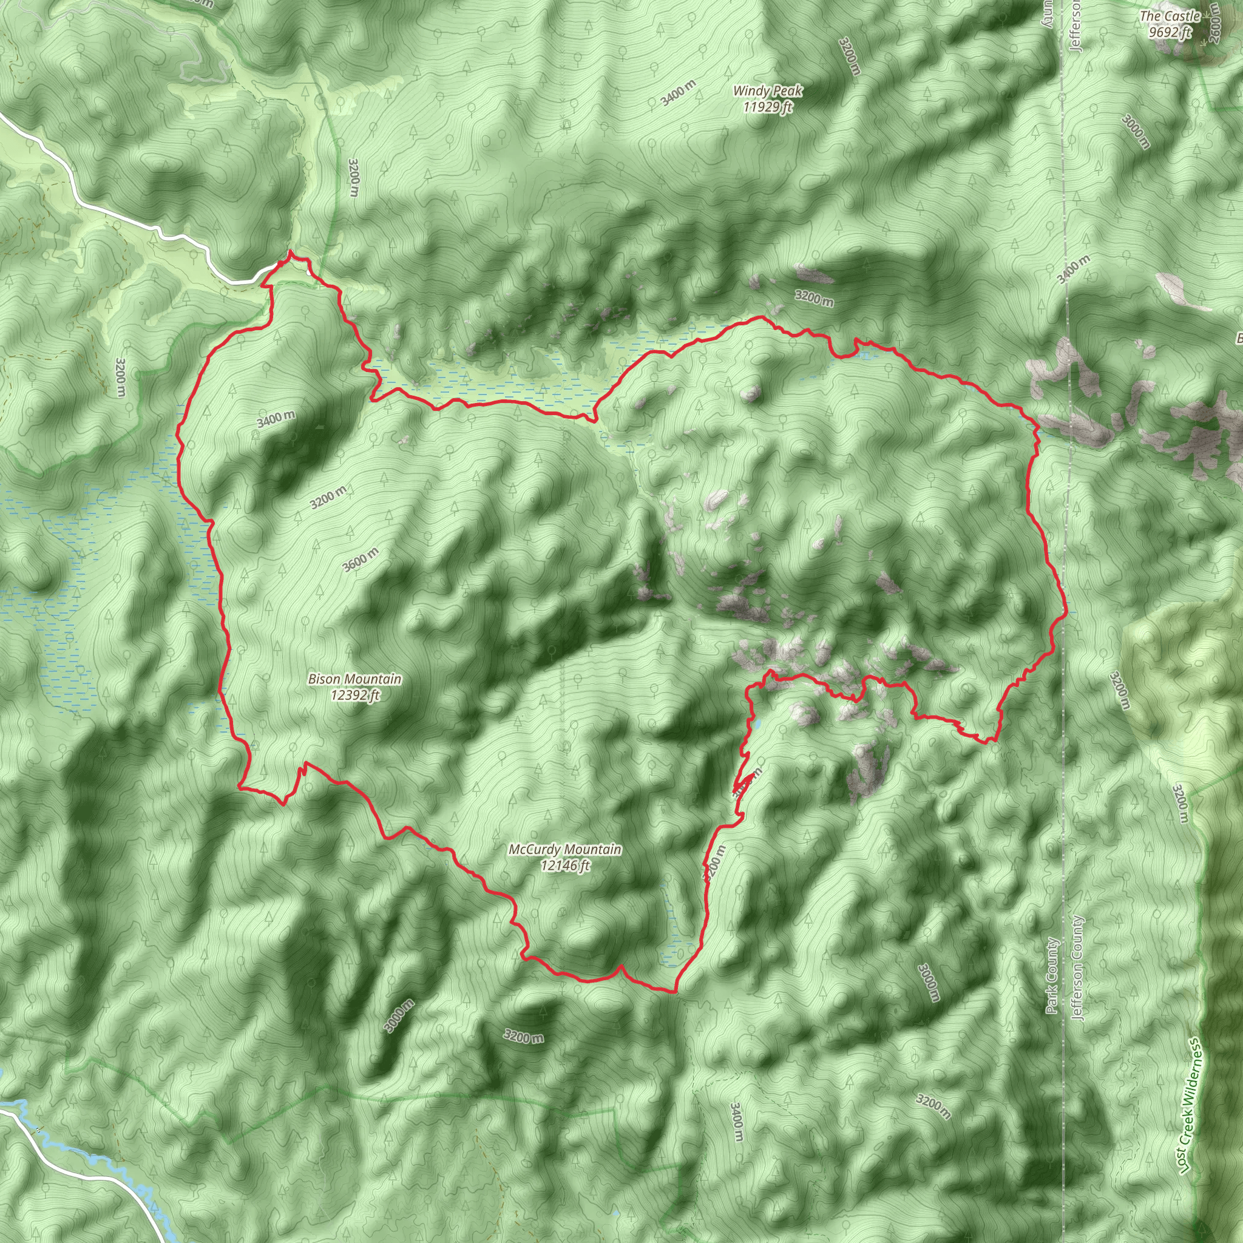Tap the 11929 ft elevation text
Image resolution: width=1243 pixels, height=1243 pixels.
coord(768,107)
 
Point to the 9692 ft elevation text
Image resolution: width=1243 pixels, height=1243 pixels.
coord(1170,32)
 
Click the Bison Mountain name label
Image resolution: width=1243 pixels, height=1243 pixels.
coord(354,679)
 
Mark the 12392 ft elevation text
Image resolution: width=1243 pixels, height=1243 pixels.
coord(355,695)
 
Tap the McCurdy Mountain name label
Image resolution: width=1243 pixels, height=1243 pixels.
coord(565,849)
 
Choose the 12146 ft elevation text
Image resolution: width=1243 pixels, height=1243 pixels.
coord(565,865)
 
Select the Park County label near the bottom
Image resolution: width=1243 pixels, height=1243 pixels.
coord(1052,975)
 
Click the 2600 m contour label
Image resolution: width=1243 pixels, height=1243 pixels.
coord(1213,22)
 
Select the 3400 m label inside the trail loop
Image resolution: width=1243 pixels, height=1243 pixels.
coord(276,419)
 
